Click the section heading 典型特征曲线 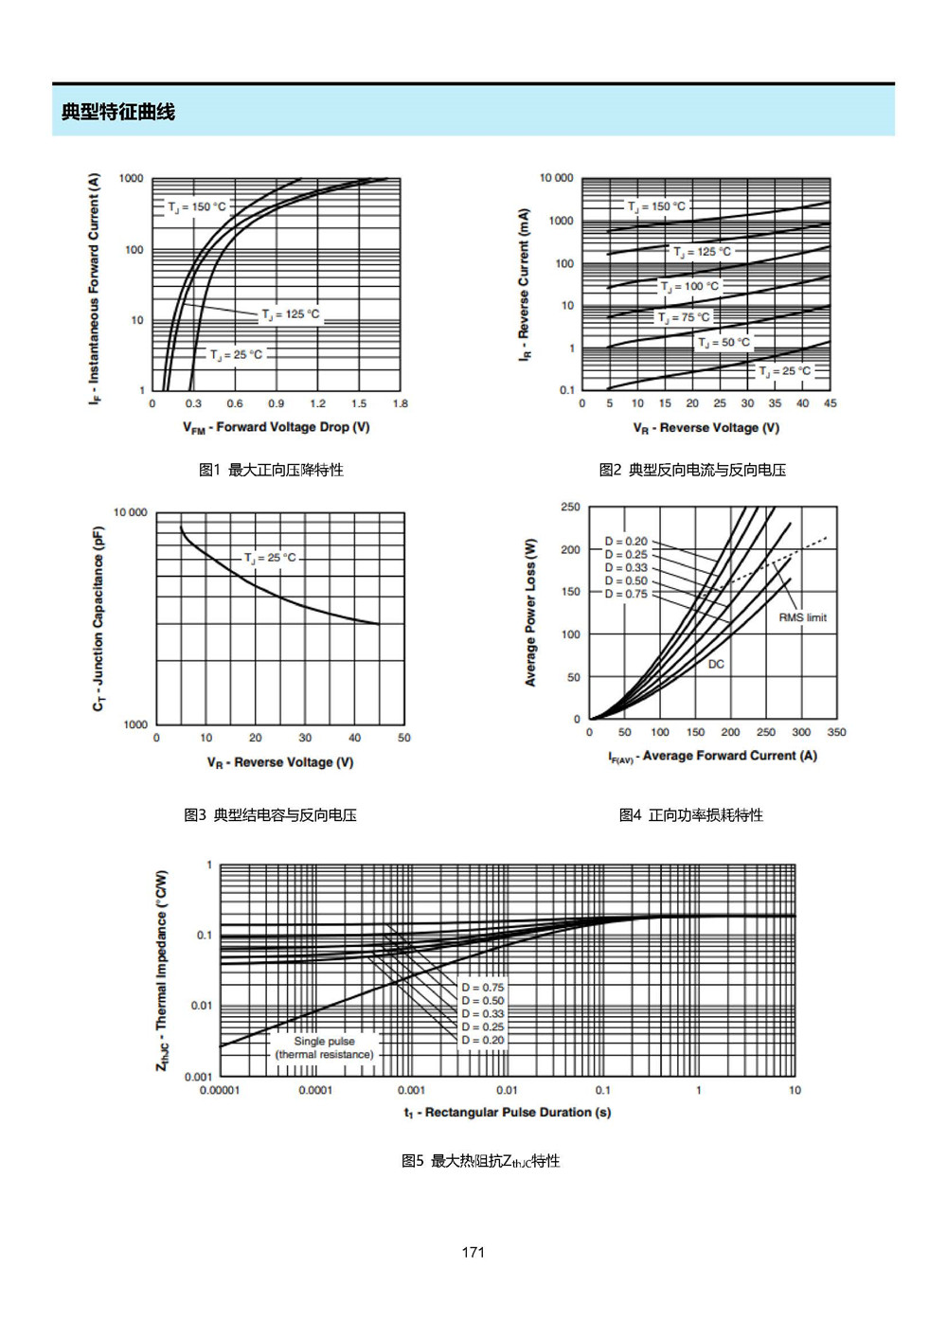coord(117,112)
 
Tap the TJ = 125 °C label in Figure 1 coord(291,314)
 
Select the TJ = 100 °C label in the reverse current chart coord(689,286)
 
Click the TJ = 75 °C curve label coord(684,317)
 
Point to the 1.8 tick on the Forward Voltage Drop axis coord(400,403)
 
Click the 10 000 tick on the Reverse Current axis coord(556,178)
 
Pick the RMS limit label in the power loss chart coord(802,617)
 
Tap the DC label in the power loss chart coord(716,664)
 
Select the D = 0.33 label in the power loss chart coord(626,568)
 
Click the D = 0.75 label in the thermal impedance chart coord(482,988)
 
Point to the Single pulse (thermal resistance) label coord(324,1048)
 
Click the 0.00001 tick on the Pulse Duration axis coord(220,1090)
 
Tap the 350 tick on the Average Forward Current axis coord(836,732)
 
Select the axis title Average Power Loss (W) coord(530,613)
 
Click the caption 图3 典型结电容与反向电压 coord(270,814)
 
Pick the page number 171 coord(473,1252)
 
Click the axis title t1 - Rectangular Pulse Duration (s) coord(508,1113)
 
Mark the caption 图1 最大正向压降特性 coord(271,470)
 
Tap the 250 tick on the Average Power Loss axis coord(570,507)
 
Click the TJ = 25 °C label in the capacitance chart coord(270,558)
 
